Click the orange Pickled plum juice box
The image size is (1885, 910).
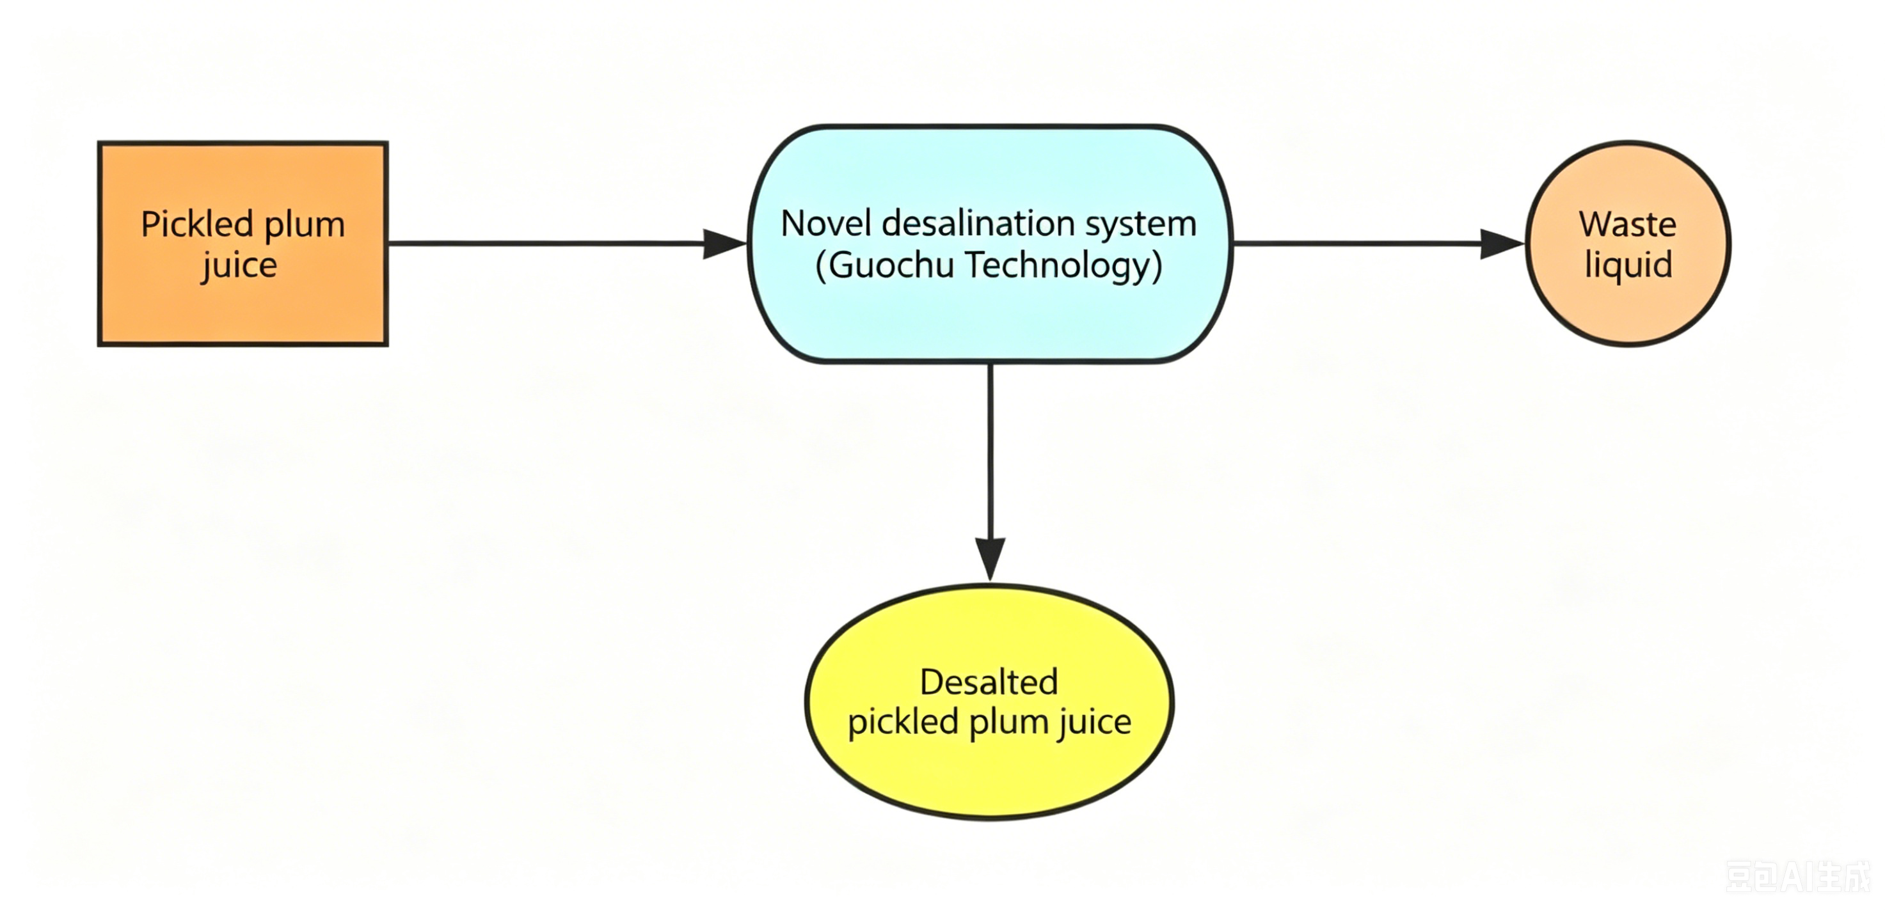tap(243, 244)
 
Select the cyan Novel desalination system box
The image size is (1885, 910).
tap(990, 244)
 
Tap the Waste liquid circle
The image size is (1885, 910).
tap(1628, 244)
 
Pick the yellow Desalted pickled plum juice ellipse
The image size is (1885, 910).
tap(989, 702)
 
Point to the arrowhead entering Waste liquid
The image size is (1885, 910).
tap(1502, 244)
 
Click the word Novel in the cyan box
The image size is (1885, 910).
tap(827, 223)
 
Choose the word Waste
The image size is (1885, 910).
tap(1627, 224)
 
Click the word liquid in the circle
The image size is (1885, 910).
tap(1628, 265)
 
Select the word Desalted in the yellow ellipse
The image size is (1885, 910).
tap(989, 682)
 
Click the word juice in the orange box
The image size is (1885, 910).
tap(239, 265)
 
